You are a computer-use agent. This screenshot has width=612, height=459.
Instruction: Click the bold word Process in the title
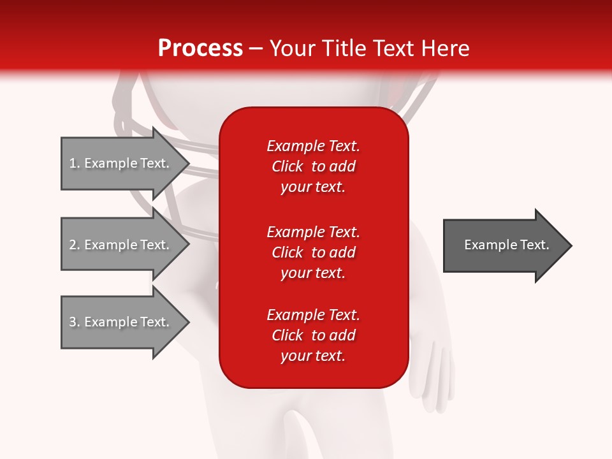coord(200,48)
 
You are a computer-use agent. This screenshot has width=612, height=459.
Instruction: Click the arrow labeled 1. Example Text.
coord(121,163)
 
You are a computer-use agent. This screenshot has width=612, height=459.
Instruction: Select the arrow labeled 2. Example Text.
coord(121,245)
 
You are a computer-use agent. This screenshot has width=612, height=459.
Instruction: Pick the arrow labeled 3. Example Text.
coord(121,322)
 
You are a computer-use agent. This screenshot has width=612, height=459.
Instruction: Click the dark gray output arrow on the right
coord(504,245)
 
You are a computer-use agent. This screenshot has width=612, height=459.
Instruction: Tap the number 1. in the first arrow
coord(75,163)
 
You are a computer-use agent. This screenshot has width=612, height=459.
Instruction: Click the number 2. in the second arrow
coord(75,245)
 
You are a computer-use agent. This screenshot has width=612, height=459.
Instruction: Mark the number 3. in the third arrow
coord(75,322)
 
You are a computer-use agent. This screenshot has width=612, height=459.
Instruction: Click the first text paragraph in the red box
coord(313,166)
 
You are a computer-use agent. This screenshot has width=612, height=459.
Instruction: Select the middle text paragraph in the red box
coord(313,252)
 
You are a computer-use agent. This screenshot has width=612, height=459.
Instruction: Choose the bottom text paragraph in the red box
coord(313,335)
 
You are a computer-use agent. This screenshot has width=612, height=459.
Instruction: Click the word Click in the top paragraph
coord(287,166)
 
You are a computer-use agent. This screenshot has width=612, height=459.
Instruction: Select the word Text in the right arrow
coord(534,245)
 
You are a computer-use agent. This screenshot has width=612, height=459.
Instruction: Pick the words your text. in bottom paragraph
coord(313,356)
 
